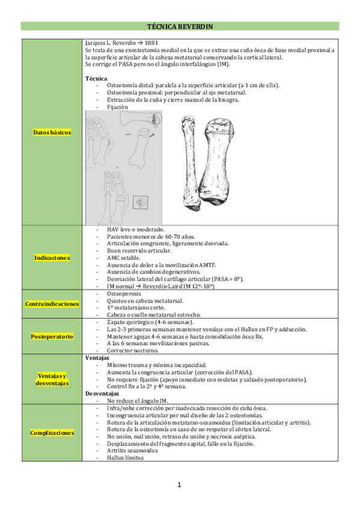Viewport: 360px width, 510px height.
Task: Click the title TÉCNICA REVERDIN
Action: click(x=180, y=26)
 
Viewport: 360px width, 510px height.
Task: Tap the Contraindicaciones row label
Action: click(x=52, y=304)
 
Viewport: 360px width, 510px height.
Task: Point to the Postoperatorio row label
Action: click(x=52, y=336)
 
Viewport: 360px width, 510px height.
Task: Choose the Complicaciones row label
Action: click(x=52, y=432)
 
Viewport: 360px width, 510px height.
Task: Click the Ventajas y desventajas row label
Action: click(x=52, y=378)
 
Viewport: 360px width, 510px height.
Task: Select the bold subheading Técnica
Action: click(x=96, y=78)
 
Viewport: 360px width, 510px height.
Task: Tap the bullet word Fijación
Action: click(x=117, y=107)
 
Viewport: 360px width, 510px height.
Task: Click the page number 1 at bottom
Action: click(x=179, y=485)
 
